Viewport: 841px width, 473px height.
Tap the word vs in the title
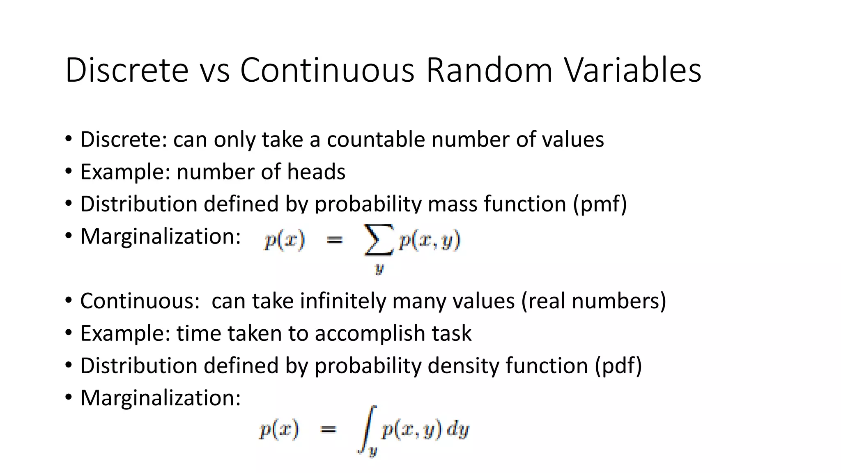click(214, 71)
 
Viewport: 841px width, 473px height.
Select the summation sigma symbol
click(378, 240)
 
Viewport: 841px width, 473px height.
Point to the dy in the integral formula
click(457, 430)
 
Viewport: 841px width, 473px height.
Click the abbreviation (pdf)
click(618, 365)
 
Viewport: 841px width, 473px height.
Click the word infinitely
click(343, 301)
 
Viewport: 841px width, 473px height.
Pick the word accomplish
click(370, 333)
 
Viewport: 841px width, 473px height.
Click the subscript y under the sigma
click(379, 269)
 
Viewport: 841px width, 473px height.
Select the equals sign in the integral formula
click(328, 430)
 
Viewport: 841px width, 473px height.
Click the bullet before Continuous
click(69, 300)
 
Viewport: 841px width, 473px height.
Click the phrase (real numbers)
click(593, 301)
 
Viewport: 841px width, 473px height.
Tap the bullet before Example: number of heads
click(69, 171)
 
